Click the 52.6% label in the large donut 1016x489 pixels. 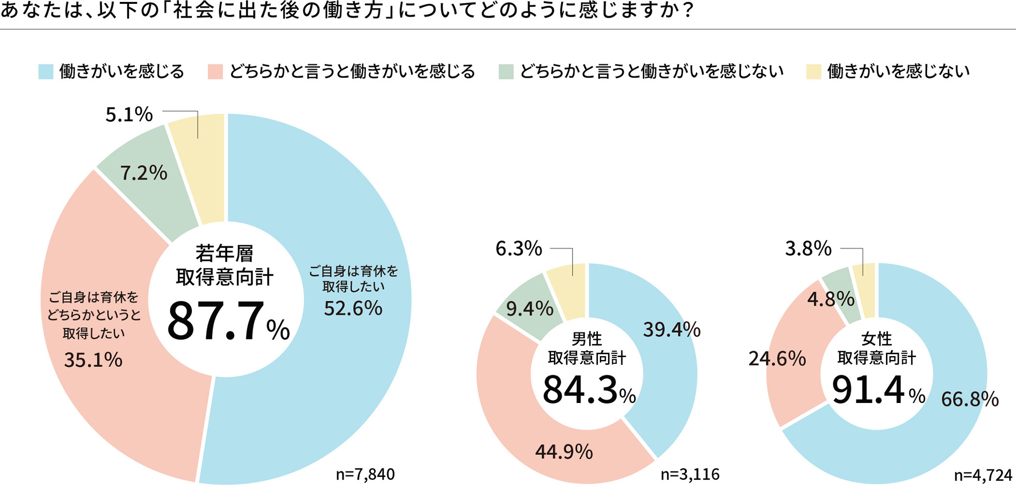point(353,308)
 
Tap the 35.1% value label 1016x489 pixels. point(93,360)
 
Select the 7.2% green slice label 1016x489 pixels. point(144,173)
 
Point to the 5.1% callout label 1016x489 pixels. point(129,115)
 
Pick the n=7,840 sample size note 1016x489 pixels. point(365,474)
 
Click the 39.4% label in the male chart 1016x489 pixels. point(672,330)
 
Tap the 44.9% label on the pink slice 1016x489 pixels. point(564,452)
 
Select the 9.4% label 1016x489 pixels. point(529,309)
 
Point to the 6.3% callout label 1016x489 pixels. point(518,249)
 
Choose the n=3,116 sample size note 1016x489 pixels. point(690,474)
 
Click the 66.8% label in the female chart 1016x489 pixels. point(970,399)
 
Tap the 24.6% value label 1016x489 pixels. point(777,359)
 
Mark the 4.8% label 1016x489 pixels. point(830,299)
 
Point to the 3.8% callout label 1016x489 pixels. point(808,249)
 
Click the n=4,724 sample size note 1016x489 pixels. point(983,475)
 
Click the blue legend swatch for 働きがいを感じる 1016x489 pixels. point(45,72)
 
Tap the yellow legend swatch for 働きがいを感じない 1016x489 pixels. point(813,72)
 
